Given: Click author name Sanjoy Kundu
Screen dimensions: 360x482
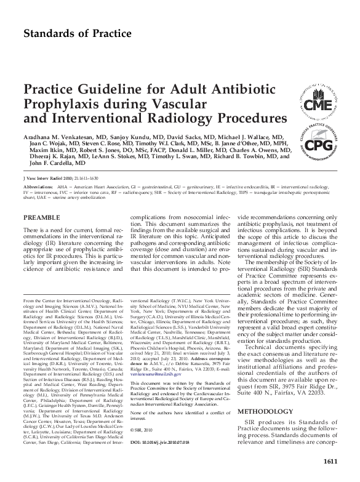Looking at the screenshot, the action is point(135,135).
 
